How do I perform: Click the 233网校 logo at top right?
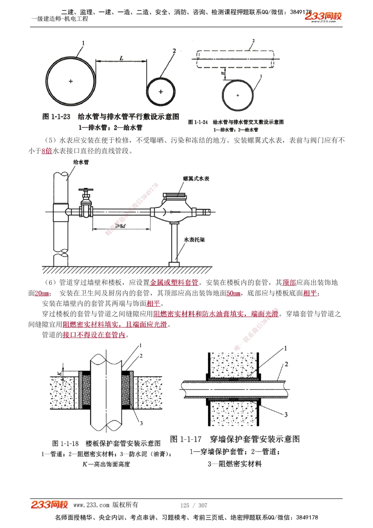pyautogui.click(x=323, y=16)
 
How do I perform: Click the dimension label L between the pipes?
pyautogui.click(x=122, y=58)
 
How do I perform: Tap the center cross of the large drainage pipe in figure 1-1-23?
pyautogui.click(x=71, y=81)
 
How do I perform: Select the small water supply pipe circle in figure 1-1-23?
pyautogui.click(x=161, y=91)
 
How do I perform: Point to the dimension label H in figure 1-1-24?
pyautogui.click(x=223, y=74)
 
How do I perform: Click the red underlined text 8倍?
pyautogui.click(x=47, y=151)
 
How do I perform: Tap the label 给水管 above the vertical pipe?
pyautogui.click(x=81, y=162)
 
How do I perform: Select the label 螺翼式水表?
pyautogui.click(x=196, y=178)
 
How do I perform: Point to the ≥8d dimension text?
pyautogui.click(x=120, y=226)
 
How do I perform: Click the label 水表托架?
pyautogui.click(x=194, y=240)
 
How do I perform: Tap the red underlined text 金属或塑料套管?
pyautogui.click(x=174, y=282)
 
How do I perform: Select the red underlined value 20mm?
pyautogui.click(x=42, y=293)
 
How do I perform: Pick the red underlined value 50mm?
pyautogui.click(x=233, y=293)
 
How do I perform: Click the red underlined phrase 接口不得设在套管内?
pyautogui.click(x=94, y=335)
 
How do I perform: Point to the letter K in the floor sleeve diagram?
pyautogui.click(x=59, y=373)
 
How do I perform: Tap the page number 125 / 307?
pyautogui.click(x=194, y=505)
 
